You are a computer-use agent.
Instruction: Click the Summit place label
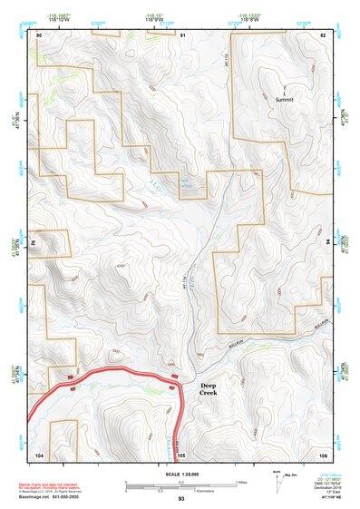tap(285, 98)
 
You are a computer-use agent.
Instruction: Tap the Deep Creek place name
tap(209, 388)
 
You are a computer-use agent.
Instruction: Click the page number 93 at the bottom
tap(180, 499)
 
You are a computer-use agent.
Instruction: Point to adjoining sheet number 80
tap(40, 34)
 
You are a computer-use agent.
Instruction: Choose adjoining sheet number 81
tap(182, 34)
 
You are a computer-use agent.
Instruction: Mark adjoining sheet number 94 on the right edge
tap(328, 242)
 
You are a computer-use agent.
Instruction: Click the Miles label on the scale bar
tap(240, 480)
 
